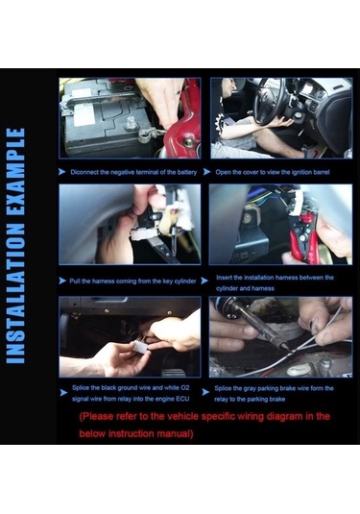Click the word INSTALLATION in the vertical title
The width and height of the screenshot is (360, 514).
pyautogui.click(x=15, y=293)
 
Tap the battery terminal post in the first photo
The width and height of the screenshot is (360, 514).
pyautogui.click(x=132, y=122)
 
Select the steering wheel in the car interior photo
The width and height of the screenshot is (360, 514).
pyautogui.click(x=266, y=102)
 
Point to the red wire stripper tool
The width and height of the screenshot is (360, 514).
pyautogui.click(x=303, y=236)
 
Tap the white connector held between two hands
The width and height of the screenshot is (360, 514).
pyautogui.click(x=140, y=347)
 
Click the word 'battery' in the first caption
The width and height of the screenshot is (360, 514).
pyautogui.click(x=186, y=172)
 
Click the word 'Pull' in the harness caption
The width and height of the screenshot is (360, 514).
pyautogui.click(x=75, y=281)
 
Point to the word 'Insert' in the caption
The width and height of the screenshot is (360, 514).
pyautogui.click(x=224, y=278)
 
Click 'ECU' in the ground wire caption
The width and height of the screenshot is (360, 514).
pyautogui.click(x=182, y=399)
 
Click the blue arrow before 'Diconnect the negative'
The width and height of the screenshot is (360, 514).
pyautogui.click(x=61, y=172)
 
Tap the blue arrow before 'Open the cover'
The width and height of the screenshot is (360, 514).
pyautogui.click(x=206, y=172)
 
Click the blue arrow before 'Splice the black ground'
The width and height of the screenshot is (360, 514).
pyautogui.click(x=63, y=392)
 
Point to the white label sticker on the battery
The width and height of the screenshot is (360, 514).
pyautogui.click(x=84, y=114)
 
